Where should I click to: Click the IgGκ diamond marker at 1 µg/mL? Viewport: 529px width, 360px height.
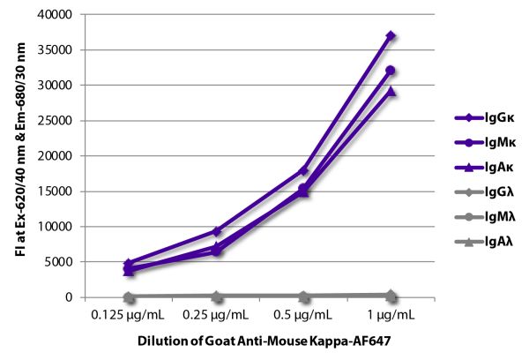click(391, 36)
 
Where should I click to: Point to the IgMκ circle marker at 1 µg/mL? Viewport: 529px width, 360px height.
click(391, 71)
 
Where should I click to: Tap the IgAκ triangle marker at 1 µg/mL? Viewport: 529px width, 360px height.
click(391, 91)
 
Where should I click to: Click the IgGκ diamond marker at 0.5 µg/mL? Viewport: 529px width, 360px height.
click(303, 170)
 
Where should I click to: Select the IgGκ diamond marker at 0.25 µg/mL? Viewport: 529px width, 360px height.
click(216, 231)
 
